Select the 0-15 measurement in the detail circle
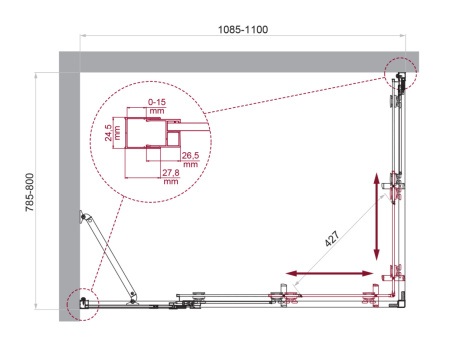(156, 102)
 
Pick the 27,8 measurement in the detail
(170, 172)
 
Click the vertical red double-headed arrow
(377, 216)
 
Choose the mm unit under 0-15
(156, 112)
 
